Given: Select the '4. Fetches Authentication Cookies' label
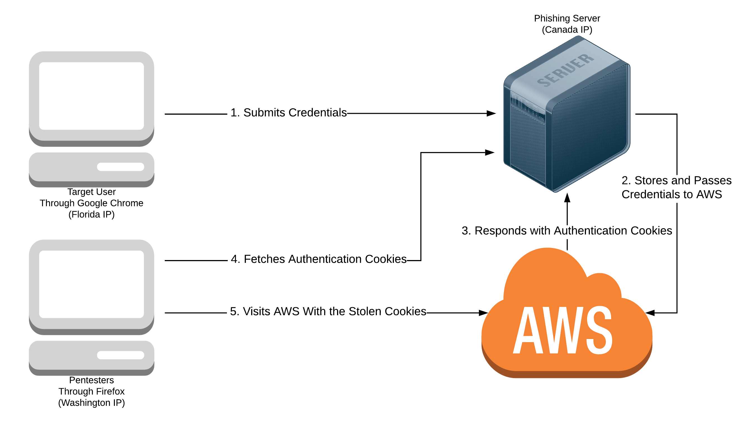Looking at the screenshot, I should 318,259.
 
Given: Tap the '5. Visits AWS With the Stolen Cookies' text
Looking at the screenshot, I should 328,311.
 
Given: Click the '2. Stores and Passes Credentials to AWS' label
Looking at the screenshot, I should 676,187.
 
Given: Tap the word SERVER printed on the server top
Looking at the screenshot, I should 566,71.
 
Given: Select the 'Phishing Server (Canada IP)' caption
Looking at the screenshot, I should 566,24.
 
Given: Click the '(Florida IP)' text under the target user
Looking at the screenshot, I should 91,214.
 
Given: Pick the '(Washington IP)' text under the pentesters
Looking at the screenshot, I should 91,402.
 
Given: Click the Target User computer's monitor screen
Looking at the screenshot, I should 91,96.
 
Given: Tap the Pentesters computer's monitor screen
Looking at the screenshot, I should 91,284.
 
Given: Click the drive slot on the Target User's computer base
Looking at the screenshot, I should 120,167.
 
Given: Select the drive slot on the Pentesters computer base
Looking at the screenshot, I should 120,355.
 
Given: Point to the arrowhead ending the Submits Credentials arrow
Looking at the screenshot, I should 491,114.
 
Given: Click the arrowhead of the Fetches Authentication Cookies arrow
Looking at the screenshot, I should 490,153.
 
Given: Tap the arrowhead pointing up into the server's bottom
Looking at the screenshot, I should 567,198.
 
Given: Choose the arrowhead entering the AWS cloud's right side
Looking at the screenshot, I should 650,313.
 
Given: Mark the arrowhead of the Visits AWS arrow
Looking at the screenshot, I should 483,313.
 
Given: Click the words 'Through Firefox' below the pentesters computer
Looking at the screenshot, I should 91,391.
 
